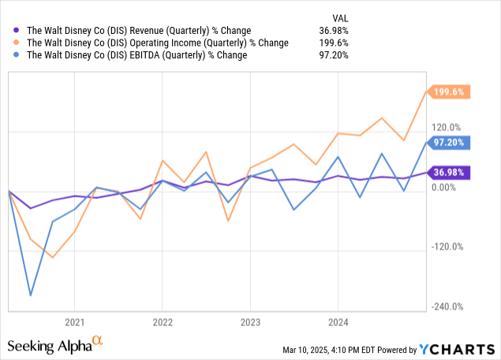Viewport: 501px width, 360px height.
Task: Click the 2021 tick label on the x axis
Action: pyautogui.click(x=74, y=322)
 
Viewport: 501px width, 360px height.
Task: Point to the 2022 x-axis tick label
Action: pyautogui.click(x=162, y=322)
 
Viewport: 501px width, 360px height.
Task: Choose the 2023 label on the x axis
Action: pyautogui.click(x=250, y=322)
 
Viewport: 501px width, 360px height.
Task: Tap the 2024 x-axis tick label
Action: pyautogui.click(x=338, y=322)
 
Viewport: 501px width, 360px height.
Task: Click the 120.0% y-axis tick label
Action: pyautogui.click(x=446, y=127)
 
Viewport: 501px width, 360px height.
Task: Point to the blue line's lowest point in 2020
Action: pyautogui.click(x=31, y=295)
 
